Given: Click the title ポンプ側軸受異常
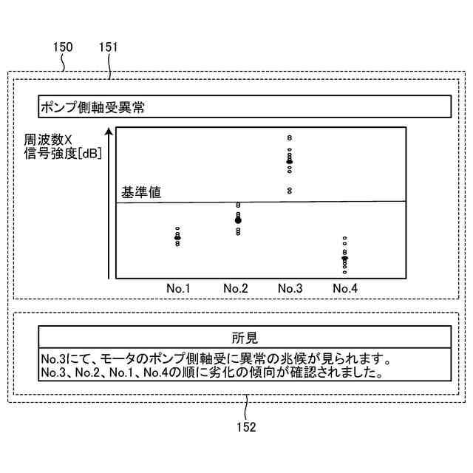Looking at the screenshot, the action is pyautogui.click(x=92, y=107).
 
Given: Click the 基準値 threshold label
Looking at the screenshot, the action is pyautogui.click(x=141, y=192).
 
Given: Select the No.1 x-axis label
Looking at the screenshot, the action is pyautogui.click(x=177, y=287).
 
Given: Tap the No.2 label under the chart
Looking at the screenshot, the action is pyautogui.click(x=235, y=287).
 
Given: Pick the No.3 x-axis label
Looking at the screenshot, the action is pyautogui.click(x=290, y=287).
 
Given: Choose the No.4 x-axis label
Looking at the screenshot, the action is pyautogui.click(x=345, y=287).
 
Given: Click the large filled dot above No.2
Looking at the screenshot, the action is pyautogui.click(x=238, y=220).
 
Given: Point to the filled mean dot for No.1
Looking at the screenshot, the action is pyautogui.click(x=177, y=237).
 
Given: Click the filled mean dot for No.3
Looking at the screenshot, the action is pyautogui.click(x=290, y=160).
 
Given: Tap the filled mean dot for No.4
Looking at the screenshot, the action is pyautogui.click(x=344, y=258).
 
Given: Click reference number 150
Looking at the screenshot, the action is pyautogui.click(x=64, y=47).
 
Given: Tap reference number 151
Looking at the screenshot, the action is pyautogui.click(x=108, y=47).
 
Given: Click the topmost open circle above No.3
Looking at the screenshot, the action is pyautogui.click(x=290, y=137).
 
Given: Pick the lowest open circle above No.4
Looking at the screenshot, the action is pyautogui.click(x=344, y=272).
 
